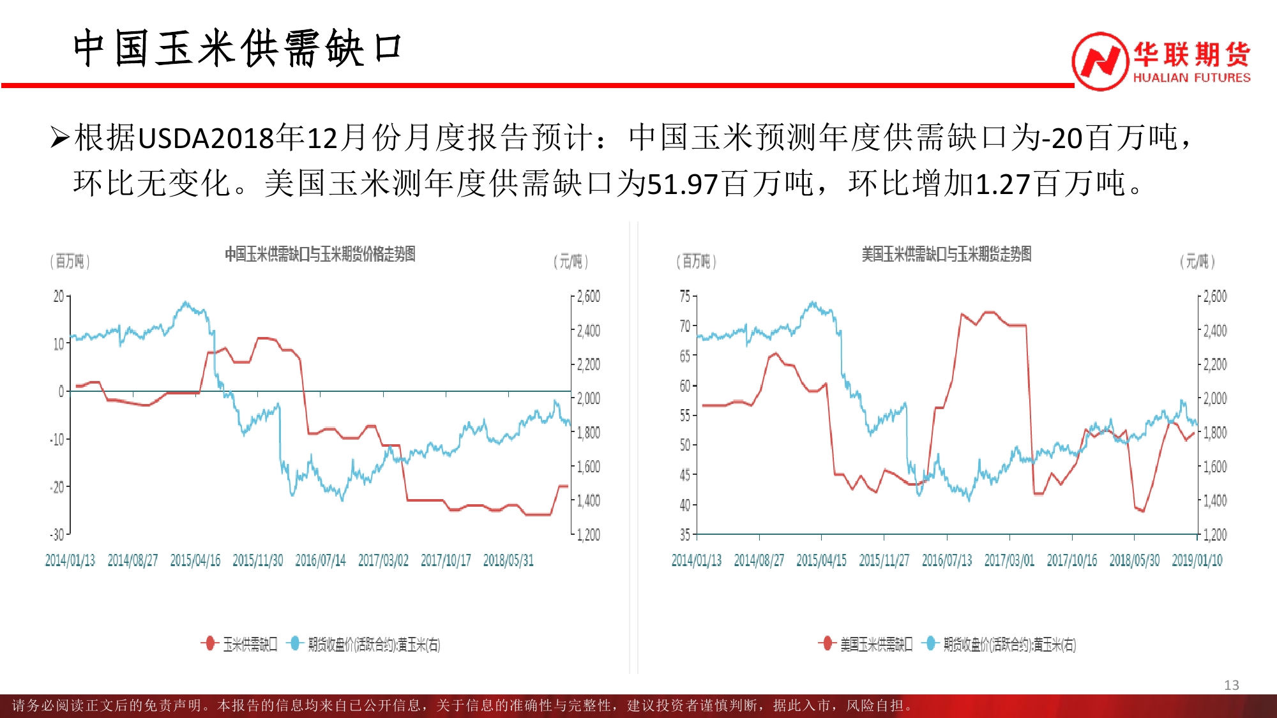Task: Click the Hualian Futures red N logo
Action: (1099, 61)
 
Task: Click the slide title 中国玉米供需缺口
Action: (237, 49)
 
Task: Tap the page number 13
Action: (1231, 685)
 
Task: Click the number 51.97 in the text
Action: (683, 184)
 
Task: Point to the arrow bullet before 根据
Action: (59, 138)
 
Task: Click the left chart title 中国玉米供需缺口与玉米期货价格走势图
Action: (320, 254)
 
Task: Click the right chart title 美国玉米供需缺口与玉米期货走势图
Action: (946, 254)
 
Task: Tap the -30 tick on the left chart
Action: (57, 534)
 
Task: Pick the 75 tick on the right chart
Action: (685, 296)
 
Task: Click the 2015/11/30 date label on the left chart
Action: (257, 560)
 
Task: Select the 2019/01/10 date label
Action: (1197, 560)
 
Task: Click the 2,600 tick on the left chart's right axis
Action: (588, 296)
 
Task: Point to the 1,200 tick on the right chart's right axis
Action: (1214, 534)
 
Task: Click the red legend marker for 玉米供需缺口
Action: (209, 643)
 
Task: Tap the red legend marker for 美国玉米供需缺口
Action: (827, 643)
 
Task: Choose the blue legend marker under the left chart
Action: (294, 643)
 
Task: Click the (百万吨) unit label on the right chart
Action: (696, 261)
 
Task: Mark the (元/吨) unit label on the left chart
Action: (570, 261)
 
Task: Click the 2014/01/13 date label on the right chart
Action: (696, 560)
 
